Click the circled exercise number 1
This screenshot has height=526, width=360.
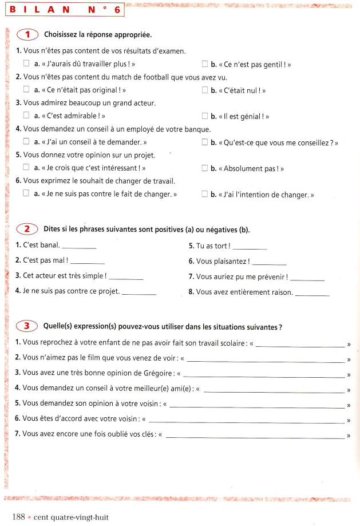pyautogui.click(x=27, y=34)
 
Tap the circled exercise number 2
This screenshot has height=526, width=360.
pyautogui.click(x=27, y=229)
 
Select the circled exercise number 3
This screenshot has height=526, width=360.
pyautogui.click(x=27, y=326)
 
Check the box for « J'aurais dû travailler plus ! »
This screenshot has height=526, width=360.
pyautogui.click(x=26, y=64)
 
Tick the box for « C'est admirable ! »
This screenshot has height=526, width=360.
pyautogui.click(x=26, y=116)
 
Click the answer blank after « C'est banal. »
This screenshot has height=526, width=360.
pyautogui.click(x=78, y=247)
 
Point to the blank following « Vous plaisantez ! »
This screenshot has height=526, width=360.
pyautogui.click(x=268, y=263)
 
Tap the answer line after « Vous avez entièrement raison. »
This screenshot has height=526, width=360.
pyautogui.click(x=312, y=294)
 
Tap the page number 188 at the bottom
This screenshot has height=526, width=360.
pyautogui.click(x=18, y=517)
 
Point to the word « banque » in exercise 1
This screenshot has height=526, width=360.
pyautogui.click(x=198, y=129)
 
